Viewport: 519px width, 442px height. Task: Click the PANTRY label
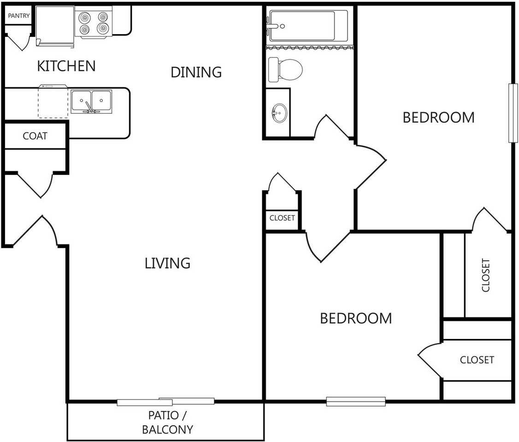tap(19, 16)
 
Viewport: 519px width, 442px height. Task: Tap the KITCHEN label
tap(66, 66)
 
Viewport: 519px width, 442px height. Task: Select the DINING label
tap(196, 72)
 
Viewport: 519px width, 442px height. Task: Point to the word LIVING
tap(167, 263)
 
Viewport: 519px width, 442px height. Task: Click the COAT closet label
tap(35, 136)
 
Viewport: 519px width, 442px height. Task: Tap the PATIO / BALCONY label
tap(167, 422)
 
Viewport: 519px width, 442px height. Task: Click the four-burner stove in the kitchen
tap(94, 23)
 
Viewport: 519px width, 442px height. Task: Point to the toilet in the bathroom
tap(285, 70)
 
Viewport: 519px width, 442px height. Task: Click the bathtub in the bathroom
tap(308, 26)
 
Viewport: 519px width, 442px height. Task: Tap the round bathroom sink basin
tap(280, 113)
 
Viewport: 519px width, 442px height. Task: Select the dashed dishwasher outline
tap(53, 102)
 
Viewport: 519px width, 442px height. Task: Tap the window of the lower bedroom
tap(356, 401)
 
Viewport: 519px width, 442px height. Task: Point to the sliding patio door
tap(165, 401)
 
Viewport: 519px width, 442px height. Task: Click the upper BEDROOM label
tap(438, 118)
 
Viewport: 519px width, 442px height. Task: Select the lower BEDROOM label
tap(356, 318)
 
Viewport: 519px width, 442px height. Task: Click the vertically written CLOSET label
tap(485, 275)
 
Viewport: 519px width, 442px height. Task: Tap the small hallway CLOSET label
tap(282, 218)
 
